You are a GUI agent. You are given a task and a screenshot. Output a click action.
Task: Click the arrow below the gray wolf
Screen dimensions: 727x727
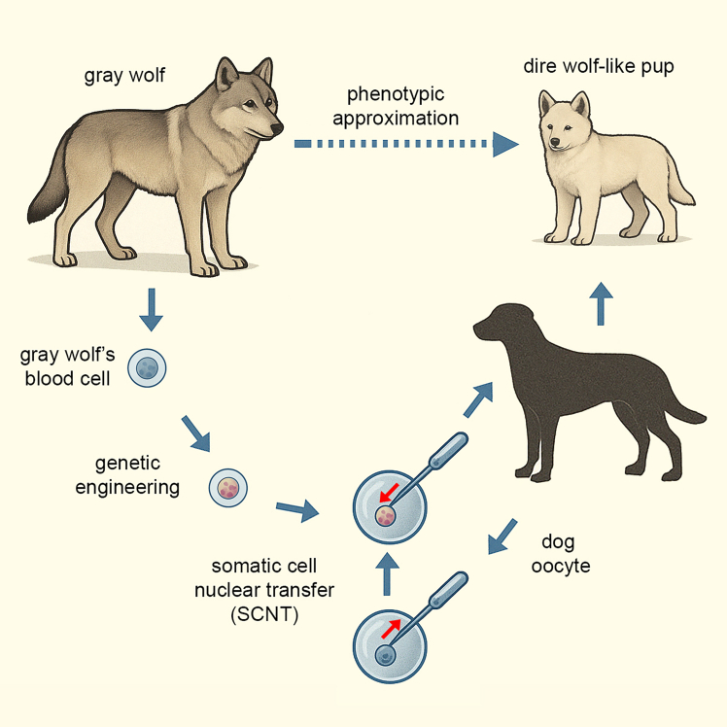coord(149,307)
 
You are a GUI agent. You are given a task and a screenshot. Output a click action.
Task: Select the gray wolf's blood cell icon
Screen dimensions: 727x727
coord(149,368)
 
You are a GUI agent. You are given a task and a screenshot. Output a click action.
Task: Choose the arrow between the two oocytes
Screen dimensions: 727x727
coord(388,574)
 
